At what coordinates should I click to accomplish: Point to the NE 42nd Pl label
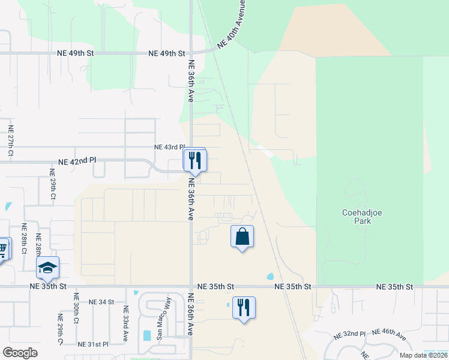click(x=77, y=161)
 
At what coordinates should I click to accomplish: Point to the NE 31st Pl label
click(x=93, y=344)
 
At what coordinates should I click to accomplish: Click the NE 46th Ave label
click(x=388, y=335)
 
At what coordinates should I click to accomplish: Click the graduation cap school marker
click(x=48, y=268)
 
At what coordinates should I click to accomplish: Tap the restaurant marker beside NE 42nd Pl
click(x=195, y=160)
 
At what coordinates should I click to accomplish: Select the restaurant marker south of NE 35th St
click(x=244, y=307)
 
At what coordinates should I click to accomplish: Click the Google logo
click(x=20, y=353)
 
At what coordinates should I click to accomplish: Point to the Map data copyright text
click(x=423, y=355)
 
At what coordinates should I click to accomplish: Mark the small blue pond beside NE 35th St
click(x=270, y=277)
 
